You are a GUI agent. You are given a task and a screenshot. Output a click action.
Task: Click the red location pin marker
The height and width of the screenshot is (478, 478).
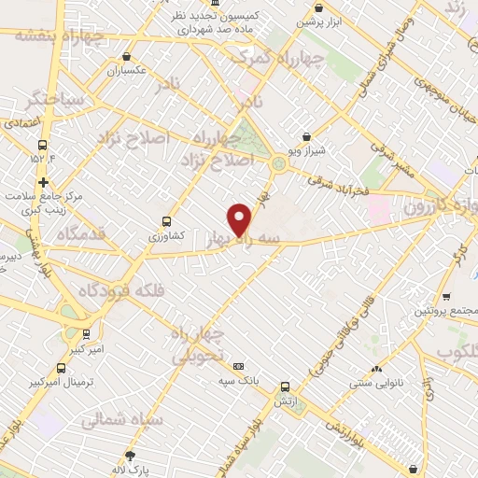click(241, 219)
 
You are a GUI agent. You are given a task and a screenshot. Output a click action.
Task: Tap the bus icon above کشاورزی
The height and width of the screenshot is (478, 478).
click(166, 221)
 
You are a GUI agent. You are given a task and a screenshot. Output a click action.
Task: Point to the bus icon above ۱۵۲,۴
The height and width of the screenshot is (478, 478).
click(42, 145)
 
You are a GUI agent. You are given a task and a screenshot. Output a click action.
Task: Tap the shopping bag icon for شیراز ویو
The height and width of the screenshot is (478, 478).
click(307, 137)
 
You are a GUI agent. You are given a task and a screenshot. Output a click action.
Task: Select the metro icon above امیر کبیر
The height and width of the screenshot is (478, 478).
click(86, 332)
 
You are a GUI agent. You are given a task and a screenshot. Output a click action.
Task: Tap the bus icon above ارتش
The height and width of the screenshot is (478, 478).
click(285, 387)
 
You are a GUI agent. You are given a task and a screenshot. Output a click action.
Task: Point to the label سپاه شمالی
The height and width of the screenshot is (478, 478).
click(121, 422)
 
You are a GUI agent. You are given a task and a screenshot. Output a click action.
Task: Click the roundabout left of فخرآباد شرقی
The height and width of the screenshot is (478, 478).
click(278, 164)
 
